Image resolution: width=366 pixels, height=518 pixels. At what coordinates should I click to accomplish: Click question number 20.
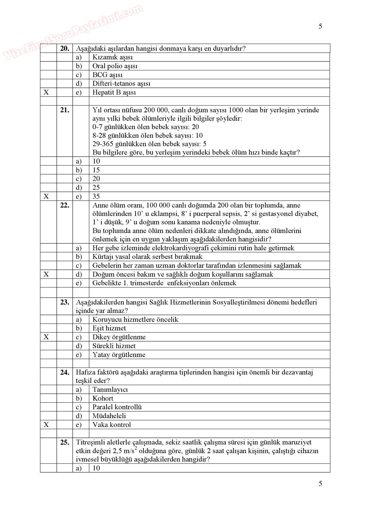64,48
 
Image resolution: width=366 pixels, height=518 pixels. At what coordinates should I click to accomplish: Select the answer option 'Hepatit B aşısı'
114,92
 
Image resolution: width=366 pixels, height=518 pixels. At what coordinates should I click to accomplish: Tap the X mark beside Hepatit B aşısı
46,92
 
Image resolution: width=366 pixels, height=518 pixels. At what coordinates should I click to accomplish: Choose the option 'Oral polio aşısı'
115,66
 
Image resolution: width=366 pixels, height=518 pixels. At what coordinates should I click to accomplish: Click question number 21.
64,110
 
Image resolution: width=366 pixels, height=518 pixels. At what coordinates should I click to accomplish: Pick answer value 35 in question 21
96,196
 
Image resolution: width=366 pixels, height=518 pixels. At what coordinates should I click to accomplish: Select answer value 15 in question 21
96,170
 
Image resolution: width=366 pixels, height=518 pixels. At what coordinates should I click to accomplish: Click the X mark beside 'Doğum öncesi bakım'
46,274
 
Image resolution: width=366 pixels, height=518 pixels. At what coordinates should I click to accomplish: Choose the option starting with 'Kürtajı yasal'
147,257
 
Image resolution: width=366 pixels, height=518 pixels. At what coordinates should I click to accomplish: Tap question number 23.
64,302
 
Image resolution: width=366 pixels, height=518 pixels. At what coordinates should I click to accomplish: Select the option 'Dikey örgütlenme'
119,337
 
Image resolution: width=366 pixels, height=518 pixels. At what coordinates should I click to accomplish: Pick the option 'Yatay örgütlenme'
119,355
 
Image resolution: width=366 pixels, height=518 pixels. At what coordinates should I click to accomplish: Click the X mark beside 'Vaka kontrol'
46,425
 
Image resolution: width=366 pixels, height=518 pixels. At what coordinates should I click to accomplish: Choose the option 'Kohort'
103,398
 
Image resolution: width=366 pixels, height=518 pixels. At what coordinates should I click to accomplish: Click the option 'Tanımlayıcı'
110,390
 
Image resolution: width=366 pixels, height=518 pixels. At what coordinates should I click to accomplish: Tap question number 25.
64,442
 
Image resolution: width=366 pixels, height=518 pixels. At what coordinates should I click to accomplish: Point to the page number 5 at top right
320,27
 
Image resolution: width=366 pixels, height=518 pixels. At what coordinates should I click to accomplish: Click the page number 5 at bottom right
320,484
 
